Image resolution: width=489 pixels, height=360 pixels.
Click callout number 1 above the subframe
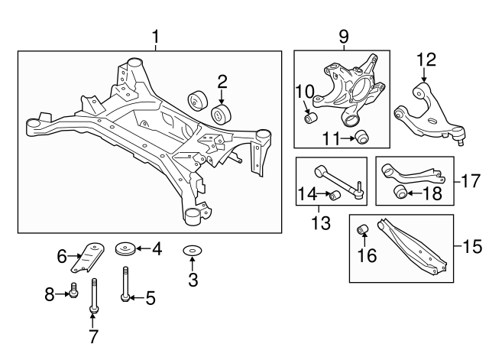pos(157,36)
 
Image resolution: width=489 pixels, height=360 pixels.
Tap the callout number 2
pos(222,80)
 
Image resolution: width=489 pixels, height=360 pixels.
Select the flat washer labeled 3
pos(191,251)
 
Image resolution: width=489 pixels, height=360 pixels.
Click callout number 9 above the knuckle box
pos(343,36)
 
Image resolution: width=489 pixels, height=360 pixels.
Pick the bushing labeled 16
pos(364,229)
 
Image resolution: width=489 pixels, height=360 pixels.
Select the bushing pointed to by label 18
pos(398,191)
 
